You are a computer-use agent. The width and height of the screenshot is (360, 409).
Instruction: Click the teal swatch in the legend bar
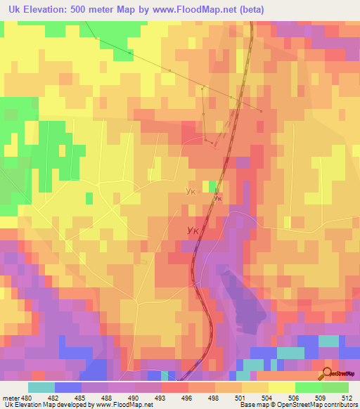[x=41, y=387]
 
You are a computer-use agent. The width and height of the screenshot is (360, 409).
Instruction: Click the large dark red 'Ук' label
[x=198, y=230]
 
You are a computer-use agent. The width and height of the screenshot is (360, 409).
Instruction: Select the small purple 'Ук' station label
[x=218, y=198]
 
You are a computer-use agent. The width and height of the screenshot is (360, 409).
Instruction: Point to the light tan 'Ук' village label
[x=190, y=190]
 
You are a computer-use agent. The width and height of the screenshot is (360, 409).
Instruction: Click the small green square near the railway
[x=212, y=186]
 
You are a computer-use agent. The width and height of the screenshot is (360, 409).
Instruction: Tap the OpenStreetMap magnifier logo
[x=327, y=374]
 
